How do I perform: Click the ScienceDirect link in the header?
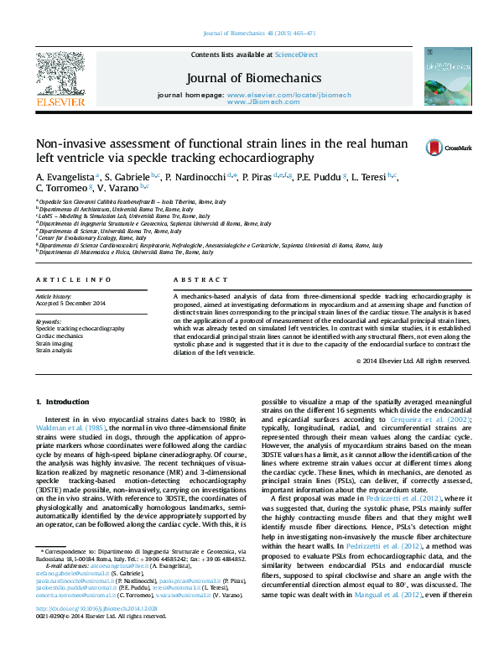[298, 55]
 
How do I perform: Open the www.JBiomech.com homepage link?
[282, 102]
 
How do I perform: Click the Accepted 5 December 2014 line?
[70, 303]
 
